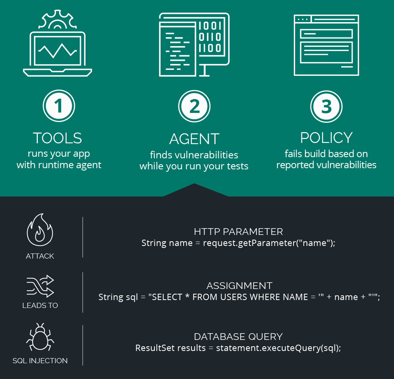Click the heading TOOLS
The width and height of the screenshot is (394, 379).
58,138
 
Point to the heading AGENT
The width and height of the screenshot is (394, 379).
194,139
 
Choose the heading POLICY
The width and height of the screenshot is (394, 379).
326,138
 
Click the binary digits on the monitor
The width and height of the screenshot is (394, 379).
210,37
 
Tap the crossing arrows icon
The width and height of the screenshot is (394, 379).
40,286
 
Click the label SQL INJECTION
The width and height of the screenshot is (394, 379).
40,360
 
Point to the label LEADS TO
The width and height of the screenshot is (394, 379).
40,305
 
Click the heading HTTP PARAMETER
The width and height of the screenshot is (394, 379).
238,232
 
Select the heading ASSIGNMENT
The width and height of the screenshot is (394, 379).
240,286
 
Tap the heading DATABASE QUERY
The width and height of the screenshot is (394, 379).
238,337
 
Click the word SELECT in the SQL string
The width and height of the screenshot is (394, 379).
167,297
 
